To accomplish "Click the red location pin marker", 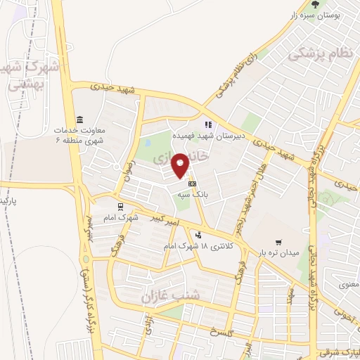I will click(x=181, y=165).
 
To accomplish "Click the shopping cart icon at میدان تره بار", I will click(x=280, y=241).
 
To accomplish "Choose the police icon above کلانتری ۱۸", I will click(x=199, y=235).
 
